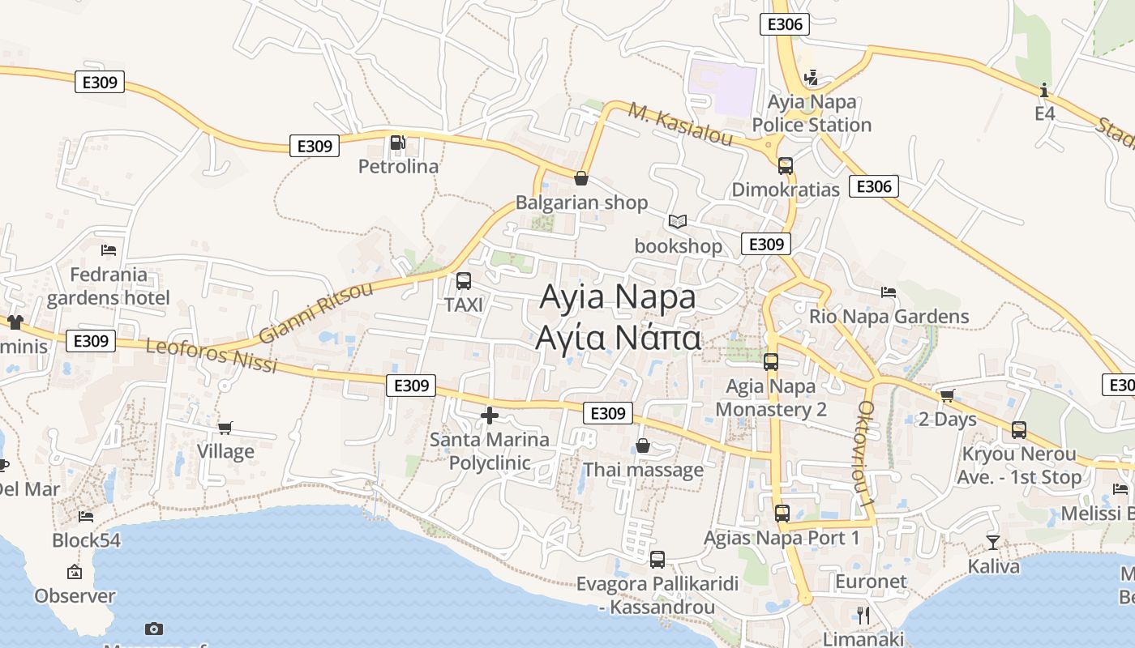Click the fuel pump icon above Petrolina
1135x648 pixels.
(397, 143)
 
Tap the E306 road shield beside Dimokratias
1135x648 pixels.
(874, 187)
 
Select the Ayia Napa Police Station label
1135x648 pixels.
(812, 113)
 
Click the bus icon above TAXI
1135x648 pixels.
(464, 281)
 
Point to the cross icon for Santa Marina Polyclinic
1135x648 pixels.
(489, 416)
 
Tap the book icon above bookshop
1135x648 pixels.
(678, 221)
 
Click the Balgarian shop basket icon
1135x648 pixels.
(581, 178)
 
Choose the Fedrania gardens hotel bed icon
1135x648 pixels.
(109, 249)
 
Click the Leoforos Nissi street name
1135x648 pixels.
(212, 356)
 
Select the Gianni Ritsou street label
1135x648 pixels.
(316, 313)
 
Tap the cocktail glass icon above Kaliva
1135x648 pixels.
(992, 542)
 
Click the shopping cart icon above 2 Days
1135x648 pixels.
(947, 395)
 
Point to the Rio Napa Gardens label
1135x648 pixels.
(889, 317)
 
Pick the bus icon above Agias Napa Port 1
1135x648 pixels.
(782, 513)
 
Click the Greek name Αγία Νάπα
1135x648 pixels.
(618, 338)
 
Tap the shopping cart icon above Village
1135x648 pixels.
(225, 428)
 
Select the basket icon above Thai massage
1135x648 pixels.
(643, 446)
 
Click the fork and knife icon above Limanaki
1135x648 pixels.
(863, 615)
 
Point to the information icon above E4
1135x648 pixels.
(1044, 89)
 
